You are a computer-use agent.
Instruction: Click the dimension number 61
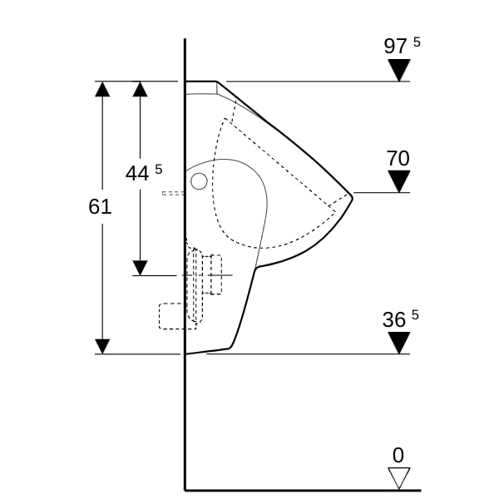[100, 206]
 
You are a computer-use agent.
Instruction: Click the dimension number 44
[137, 173]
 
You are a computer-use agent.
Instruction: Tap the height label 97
[395, 46]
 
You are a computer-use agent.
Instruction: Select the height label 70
[398, 158]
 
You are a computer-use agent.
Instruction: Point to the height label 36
[394, 319]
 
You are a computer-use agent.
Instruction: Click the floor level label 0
[398, 455]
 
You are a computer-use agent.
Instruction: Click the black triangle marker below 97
[400, 70]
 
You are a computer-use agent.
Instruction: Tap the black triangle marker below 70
[400, 180]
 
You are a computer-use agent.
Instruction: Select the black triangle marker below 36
[400, 342]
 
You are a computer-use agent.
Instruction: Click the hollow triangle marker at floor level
[400, 477]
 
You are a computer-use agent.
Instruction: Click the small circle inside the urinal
[199, 180]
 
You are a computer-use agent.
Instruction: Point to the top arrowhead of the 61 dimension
[102, 89]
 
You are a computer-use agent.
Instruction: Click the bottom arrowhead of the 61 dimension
[102, 346]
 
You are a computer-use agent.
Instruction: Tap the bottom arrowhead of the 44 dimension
[140, 267]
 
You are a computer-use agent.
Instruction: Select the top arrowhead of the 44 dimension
[140, 89]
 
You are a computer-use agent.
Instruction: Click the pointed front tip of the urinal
[353, 196]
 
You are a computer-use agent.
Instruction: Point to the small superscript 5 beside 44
[159, 169]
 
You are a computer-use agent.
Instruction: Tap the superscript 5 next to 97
[417, 41]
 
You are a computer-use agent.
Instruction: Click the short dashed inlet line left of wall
[172, 193]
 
